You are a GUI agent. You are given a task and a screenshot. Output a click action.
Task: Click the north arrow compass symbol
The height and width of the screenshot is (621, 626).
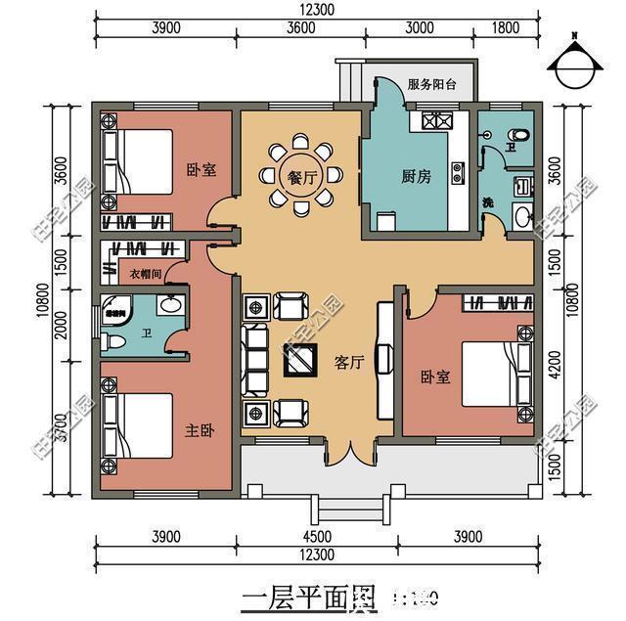575,64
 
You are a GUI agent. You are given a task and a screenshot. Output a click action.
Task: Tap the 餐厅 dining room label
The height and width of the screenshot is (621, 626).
301,177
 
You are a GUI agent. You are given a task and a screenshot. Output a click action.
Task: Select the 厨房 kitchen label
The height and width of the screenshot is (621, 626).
416,177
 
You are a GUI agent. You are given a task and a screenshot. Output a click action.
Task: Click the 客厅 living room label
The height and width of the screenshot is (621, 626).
349,363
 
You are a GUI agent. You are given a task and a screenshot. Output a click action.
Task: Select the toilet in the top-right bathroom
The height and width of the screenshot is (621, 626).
519,134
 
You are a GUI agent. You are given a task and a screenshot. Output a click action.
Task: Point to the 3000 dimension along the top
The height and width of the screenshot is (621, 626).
419,28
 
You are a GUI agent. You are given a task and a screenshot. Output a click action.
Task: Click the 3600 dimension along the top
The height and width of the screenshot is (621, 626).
301,28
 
